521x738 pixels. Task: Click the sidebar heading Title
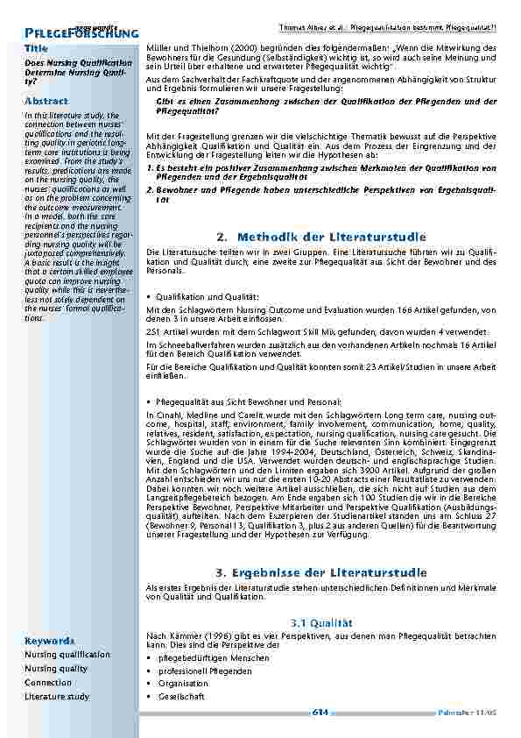(x=36, y=47)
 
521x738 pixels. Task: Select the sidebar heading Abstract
(x=46, y=101)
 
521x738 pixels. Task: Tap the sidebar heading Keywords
(x=49, y=640)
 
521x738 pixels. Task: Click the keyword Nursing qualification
(x=67, y=654)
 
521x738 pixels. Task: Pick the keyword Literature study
(x=57, y=696)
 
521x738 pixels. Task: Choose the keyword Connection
(x=48, y=682)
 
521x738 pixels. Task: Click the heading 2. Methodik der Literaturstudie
(x=320, y=237)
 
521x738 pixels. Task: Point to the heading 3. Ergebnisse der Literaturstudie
(x=320, y=572)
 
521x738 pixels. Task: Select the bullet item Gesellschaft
(x=181, y=696)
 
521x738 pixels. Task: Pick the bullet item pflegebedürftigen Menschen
(x=201, y=657)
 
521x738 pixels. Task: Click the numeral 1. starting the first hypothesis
(x=150, y=167)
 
